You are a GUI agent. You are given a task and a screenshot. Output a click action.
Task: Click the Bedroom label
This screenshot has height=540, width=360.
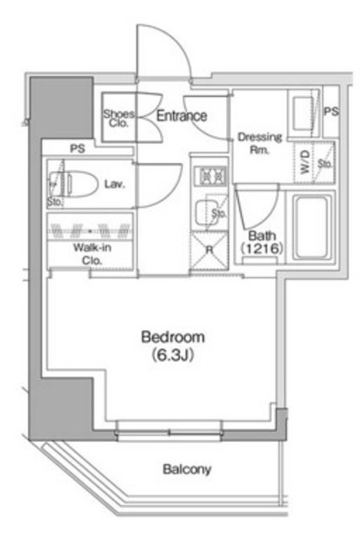click(172, 337)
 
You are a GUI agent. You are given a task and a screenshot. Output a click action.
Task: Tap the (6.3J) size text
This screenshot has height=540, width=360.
click(172, 354)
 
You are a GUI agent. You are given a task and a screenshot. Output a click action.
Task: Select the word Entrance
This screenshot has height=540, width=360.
click(181, 116)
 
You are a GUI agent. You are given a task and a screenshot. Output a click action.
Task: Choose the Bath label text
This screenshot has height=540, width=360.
click(259, 235)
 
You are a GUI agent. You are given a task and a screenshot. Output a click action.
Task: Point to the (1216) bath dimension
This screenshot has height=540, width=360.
click(260, 250)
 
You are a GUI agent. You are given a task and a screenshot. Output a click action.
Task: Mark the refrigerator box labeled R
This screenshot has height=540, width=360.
click(207, 251)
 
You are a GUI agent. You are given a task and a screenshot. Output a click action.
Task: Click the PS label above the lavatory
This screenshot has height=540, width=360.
click(78, 148)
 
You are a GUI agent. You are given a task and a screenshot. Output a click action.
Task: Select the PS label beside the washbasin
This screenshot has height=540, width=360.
click(331, 111)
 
